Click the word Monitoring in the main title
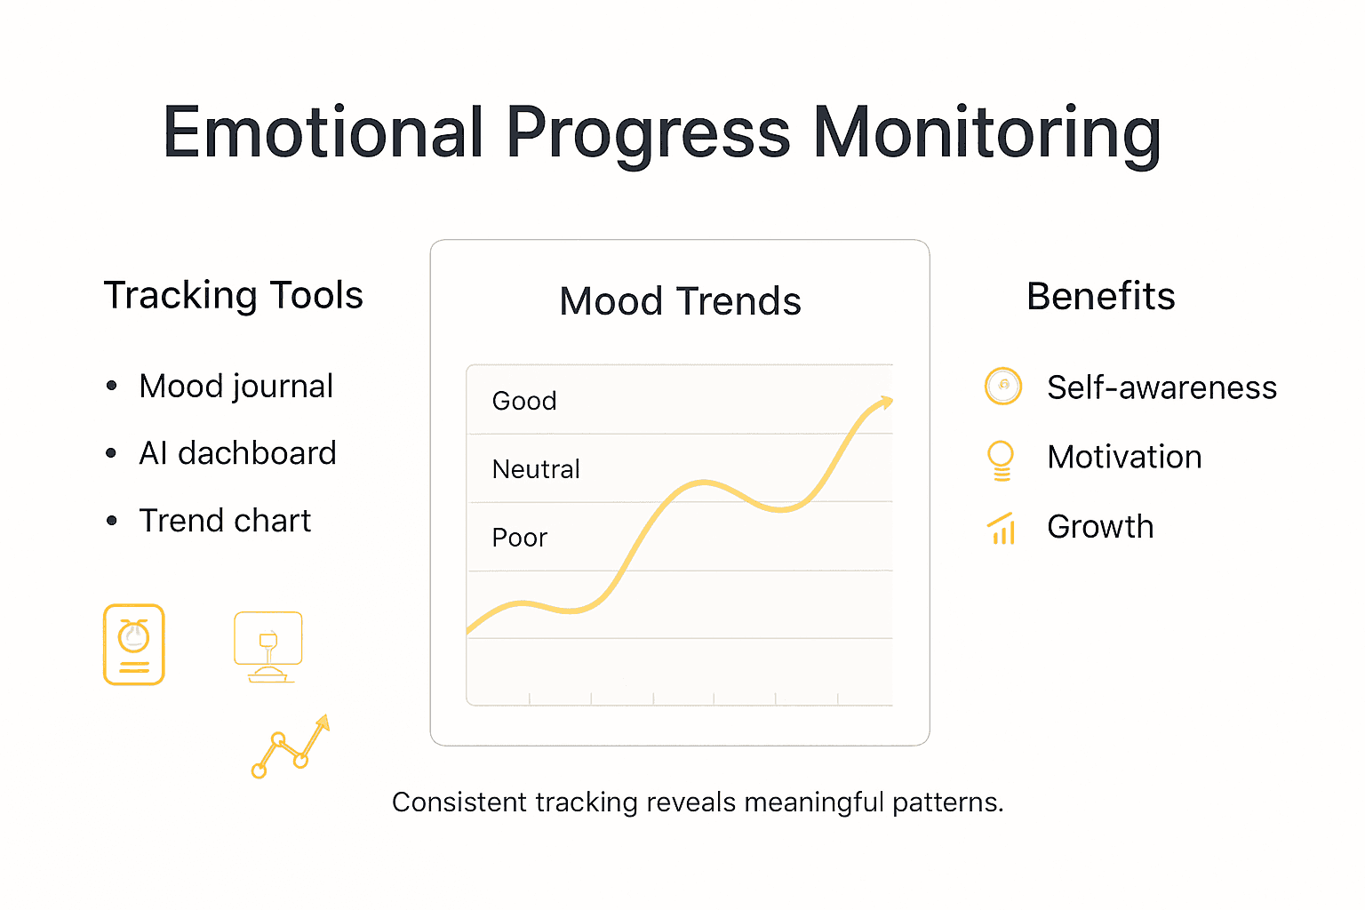coord(986,133)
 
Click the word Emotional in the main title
coord(323,133)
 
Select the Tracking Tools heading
coord(233,295)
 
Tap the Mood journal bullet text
coord(235,387)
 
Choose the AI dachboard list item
coord(237,453)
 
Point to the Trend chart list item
coord(225,521)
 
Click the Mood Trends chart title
coord(680,301)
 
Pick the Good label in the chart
coord(524,401)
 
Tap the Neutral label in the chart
coord(536,469)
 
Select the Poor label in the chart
coord(520,538)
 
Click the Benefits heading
coord(1100,296)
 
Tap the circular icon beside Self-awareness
coord(1003,386)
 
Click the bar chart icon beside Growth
coord(1002,529)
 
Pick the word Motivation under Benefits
coord(1124,457)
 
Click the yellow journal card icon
coord(134,644)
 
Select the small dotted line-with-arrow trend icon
coord(291,746)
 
